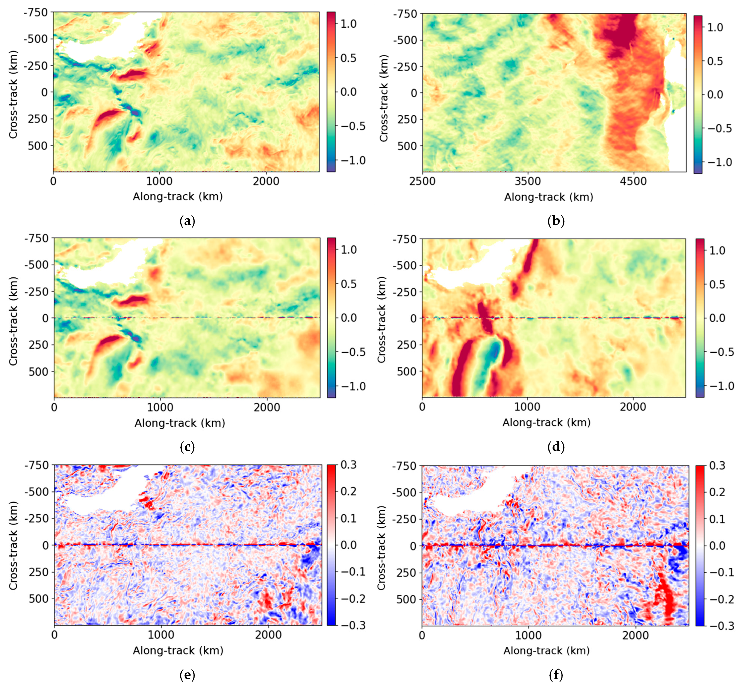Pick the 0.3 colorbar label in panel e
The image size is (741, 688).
point(348,465)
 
